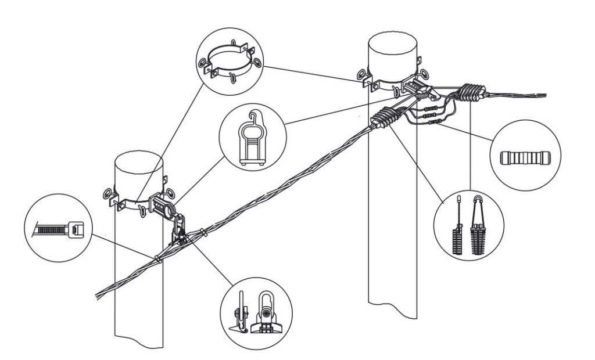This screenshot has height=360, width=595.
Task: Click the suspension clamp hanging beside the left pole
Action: tap(180, 228)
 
